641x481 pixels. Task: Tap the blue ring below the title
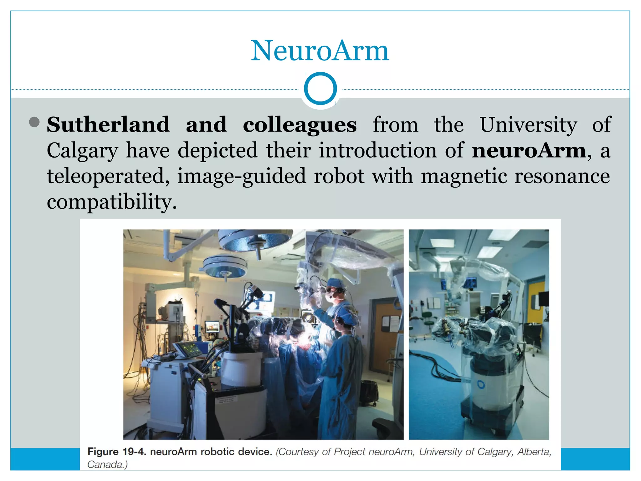pos(320,88)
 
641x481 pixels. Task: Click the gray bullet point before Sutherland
pos(34,122)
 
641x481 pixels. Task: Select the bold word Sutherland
pos(108,125)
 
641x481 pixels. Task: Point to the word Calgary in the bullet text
pos(83,151)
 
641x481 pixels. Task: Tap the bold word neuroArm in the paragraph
pos(529,151)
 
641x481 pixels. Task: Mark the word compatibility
pos(112,202)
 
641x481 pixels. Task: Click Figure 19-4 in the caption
pos(117,452)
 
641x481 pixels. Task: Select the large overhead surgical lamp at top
pos(255,241)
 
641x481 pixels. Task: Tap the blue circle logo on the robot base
pos(481,385)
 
